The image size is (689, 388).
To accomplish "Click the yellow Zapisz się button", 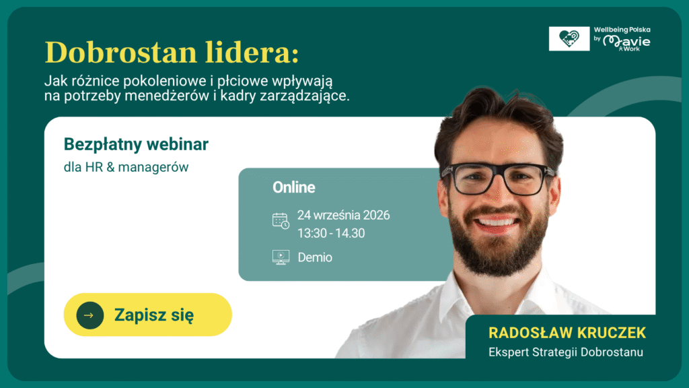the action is [x=147, y=315].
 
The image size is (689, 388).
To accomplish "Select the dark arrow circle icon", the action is [x=89, y=315].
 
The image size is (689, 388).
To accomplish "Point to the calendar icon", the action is [x=281, y=220].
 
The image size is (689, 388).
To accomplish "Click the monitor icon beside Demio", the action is [x=281, y=257].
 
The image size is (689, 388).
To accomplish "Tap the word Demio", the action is [x=315, y=257].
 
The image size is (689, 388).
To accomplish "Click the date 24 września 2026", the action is [x=343, y=215].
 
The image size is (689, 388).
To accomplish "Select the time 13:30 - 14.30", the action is [x=331, y=233].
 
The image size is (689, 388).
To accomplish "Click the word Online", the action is [x=293, y=187].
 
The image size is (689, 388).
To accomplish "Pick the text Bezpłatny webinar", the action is [x=136, y=144].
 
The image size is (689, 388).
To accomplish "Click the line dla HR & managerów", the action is [x=126, y=167].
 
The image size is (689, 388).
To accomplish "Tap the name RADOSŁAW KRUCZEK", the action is [x=567, y=333].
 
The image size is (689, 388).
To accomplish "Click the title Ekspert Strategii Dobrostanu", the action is [x=566, y=352].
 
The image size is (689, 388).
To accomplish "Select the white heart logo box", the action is [x=569, y=38].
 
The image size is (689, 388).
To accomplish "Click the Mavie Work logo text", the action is [x=626, y=42].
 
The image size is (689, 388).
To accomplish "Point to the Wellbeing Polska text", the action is [x=622, y=30].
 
